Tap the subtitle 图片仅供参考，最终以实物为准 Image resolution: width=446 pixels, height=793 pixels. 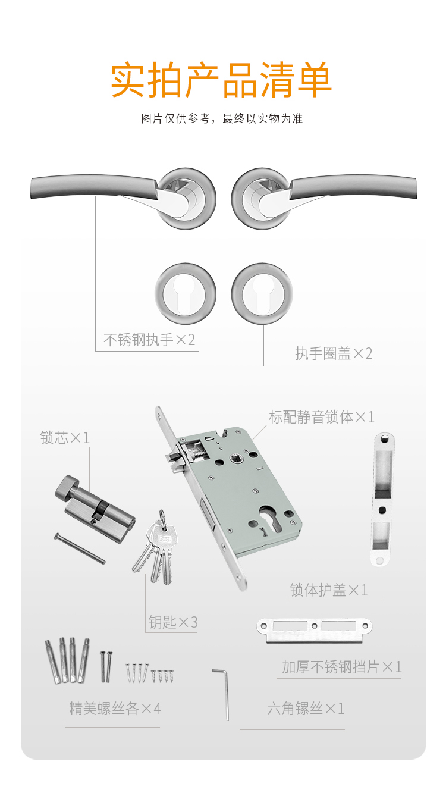point(222,118)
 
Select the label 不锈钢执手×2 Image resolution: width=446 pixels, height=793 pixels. point(149,340)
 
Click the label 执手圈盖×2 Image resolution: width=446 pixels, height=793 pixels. point(334,353)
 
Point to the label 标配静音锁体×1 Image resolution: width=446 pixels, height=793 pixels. point(321,417)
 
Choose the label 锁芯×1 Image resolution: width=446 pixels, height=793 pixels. point(65,438)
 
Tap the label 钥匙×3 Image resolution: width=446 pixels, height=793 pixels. point(173,622)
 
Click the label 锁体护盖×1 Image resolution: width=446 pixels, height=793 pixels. point(329,590)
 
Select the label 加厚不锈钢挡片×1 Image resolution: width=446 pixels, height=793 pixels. point(341,667)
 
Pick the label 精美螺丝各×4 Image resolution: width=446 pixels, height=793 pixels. point(115,709)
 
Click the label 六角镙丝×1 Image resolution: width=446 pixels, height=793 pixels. point(306,709)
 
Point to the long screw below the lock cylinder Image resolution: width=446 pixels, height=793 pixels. point(80,548)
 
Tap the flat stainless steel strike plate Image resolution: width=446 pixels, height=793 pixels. point(315,631)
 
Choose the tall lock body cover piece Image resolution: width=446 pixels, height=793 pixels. point(382,499)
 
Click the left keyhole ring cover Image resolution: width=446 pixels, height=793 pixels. point(186,293)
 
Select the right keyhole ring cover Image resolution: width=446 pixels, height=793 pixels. point(262,293)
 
